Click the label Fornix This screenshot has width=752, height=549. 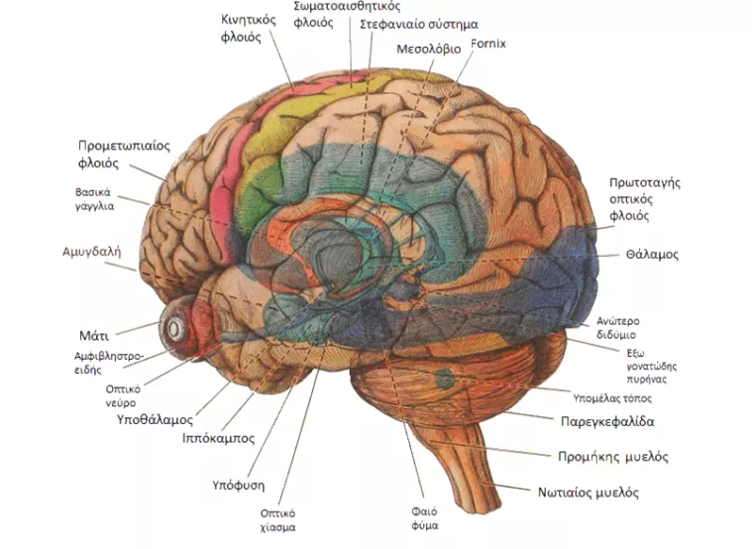point(488,44)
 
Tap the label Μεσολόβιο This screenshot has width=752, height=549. point(428,50)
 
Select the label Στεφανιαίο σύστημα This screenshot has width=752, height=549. point(419,24)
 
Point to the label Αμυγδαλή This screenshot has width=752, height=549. point(91,252)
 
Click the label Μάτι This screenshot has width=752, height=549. point(94,336)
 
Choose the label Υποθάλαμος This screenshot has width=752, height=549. point(155,419)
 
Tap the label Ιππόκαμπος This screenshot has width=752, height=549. point(218,438)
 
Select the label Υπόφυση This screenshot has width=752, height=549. point(239,486)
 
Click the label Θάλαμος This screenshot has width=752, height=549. point(652,255)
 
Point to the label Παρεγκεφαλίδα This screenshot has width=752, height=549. point(607,422)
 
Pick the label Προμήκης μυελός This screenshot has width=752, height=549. point(613,457)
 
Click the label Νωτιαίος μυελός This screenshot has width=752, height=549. point(588,493)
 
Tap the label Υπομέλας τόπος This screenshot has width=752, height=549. point(612,398)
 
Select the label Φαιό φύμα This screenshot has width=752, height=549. point(424,518)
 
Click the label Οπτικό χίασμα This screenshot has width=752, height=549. point(277,520)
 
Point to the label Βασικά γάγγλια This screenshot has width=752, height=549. point(94,199)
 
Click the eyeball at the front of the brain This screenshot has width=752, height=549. point(173,329)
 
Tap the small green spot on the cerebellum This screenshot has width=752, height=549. point(446,379)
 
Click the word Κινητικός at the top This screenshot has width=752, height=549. point(249,20)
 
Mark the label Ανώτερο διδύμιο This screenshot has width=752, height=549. point(617,328)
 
